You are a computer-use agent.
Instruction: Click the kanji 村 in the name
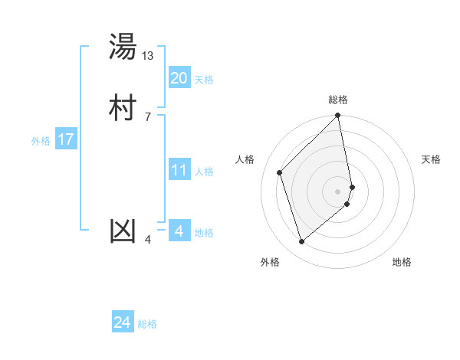pyautogui.click(x=123, y=108)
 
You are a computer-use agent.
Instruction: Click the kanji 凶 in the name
pyautogui.click(x=123, y=231)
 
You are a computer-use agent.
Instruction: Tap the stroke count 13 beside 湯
pyautogui.click(x=148, y=55)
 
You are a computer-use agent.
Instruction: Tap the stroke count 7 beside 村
pyautogui.click(x=147, y=116)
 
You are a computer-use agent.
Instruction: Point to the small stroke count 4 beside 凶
pyautogui.click(x=148, y=240)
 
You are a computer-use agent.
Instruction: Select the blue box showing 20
pyautogui.click(x=179, y=78)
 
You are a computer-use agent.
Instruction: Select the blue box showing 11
pyautogui.click(x=179, y=170)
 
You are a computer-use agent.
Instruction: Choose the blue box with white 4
pyautogui.click(x=179, y=231)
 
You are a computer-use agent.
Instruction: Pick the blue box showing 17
pyautogui.click(x=65, y=139)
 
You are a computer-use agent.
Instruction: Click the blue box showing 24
pyautogui.click(x=123, y=322)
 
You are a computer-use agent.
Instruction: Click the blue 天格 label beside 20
pyautogui.click(x=204, y=80)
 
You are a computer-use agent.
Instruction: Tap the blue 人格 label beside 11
pyautogui.click(x=204, y=172)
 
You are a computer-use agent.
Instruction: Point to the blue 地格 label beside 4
pyautogui.click(x=204, y=233)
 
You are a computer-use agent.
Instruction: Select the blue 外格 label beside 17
pyautogui.click(x=41, y=141)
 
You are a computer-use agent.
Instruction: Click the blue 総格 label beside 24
pyautogui.click(x=147, y=325)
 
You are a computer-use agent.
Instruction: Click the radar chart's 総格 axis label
pyautogui.click(x=338, y=100)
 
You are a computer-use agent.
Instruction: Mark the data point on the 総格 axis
pyautogui.click(x=338, y=116)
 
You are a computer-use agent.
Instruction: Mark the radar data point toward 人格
pyautogui.click(x=280, y=172)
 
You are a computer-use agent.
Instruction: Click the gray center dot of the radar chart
pyautogui.click(x=338, y=191)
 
